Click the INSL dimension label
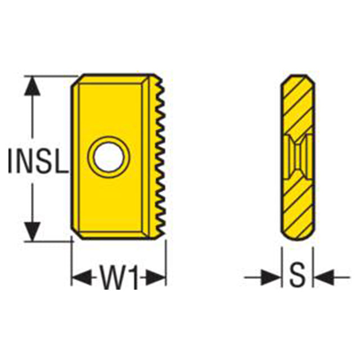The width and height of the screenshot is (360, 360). [38, 161]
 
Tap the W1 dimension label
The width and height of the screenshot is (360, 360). [119, 277]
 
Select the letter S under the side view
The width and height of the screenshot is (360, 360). [298, 277]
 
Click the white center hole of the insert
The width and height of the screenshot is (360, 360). [109, 157]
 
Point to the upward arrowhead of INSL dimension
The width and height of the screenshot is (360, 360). [33, 85]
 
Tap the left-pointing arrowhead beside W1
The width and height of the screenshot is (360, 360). [82, 277]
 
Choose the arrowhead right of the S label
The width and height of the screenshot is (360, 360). [324, 277]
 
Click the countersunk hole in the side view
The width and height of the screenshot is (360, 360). [298, 157]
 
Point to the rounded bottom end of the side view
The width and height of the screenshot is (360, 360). [298, 236]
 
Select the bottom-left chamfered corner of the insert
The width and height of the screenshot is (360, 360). [76, 234]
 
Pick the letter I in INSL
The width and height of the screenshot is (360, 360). [10, 161]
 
